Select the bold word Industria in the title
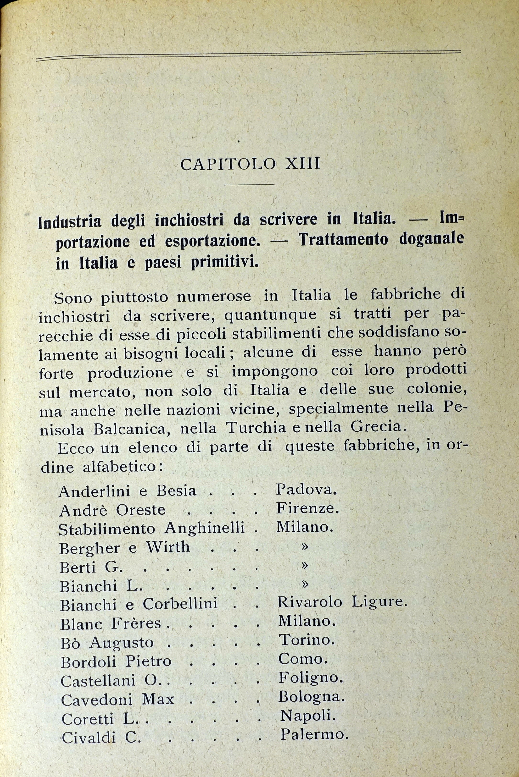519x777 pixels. [70, 222]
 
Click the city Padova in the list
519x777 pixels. [306, 490]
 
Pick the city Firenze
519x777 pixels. [307, 508]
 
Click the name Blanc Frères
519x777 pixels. [111, 624]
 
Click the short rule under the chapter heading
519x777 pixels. [250, 184]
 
